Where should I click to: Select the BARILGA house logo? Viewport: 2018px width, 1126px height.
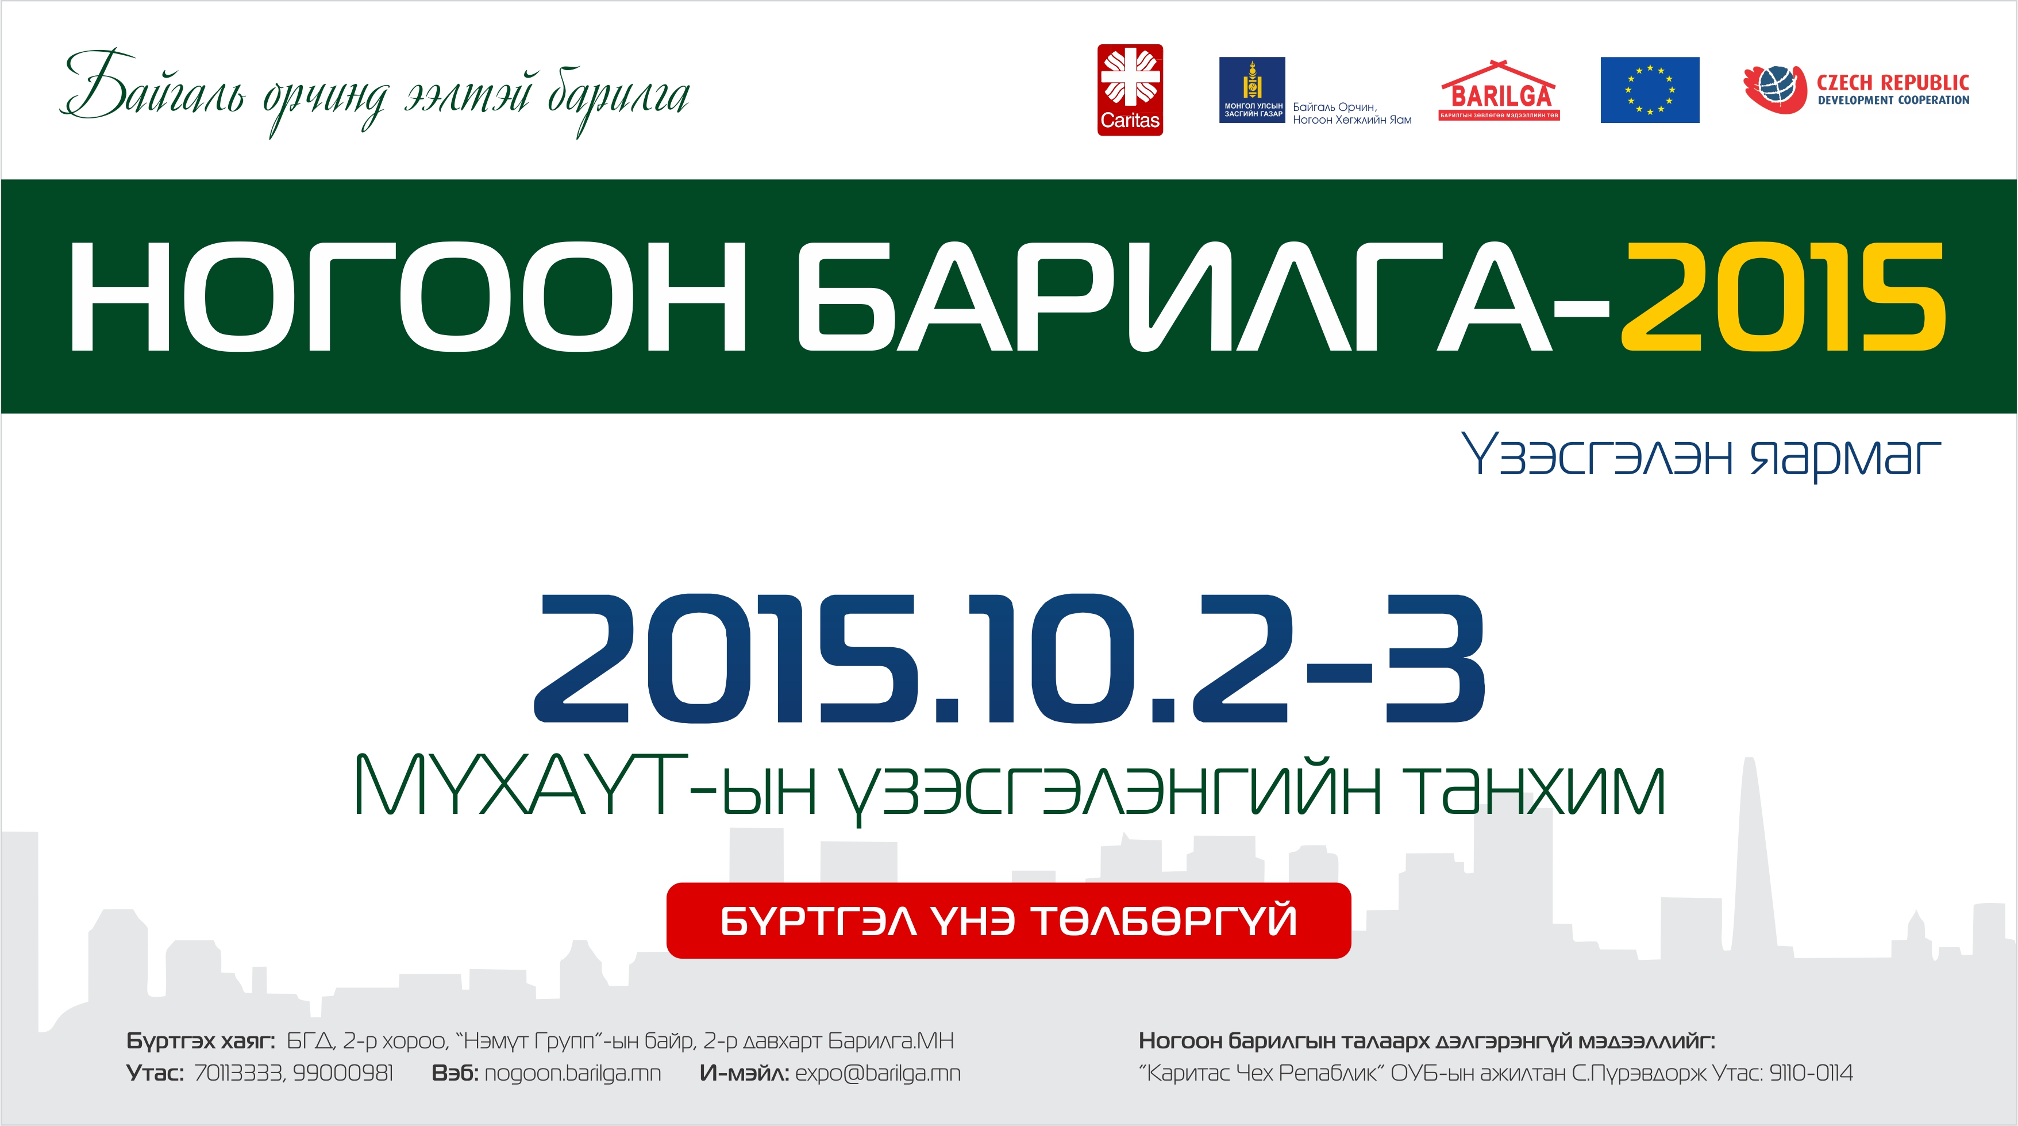point(1499,90)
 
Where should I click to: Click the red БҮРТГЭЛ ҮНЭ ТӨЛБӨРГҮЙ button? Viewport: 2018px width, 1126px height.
point(1008,920)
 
